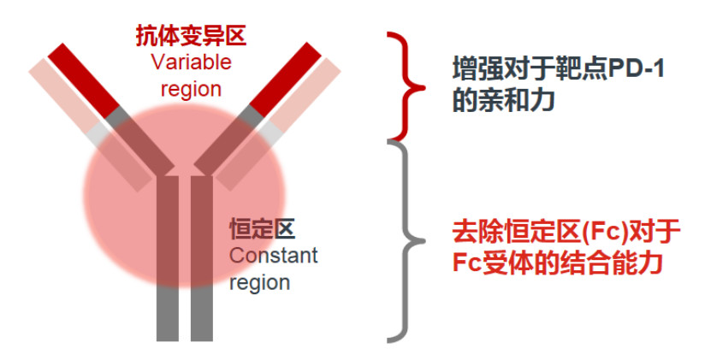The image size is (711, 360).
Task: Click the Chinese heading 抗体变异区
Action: coord(191,35)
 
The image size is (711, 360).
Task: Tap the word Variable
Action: coord(192,62)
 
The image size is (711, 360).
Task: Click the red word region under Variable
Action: coord(191,89)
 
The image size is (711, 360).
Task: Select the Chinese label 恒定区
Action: coord(263,229)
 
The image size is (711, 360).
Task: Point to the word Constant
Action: coord(274,256)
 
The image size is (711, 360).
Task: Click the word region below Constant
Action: coord(260,283)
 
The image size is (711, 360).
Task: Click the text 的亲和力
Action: coord(503,101)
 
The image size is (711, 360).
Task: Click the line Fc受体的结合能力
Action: coord(558,263)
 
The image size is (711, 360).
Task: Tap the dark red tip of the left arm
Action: coord(84,80)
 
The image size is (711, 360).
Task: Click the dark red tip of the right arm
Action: coord(285,79)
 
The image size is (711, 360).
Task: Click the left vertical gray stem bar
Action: coord(168,258)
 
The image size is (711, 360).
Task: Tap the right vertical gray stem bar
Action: coord(202,258)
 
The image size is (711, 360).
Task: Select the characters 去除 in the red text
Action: coord(474,232)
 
